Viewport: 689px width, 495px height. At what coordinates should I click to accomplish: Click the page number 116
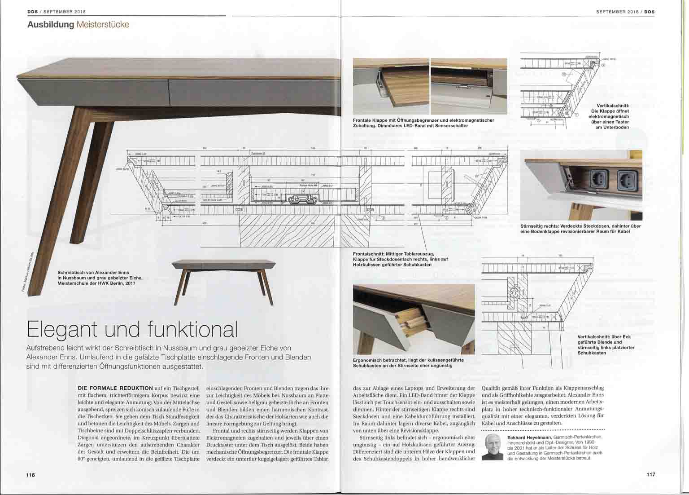pos(30,475)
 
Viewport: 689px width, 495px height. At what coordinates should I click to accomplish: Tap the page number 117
pos(650,474)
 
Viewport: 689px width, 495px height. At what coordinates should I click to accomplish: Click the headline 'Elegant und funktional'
pos(132,329)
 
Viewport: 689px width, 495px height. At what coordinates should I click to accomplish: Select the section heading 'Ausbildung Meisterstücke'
pos(78,24)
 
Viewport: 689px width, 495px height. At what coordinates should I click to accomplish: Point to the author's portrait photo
pos(493,446)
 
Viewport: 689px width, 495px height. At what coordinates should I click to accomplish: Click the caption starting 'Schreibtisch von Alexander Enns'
pos(100,278)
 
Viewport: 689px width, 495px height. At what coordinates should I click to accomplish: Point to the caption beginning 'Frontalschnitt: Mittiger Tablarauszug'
pos(400,259)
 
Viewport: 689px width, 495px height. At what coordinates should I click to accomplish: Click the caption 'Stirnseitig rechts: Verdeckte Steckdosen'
pos(580,229)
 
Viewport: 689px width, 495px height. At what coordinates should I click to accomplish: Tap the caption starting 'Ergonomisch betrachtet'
pos(408,362)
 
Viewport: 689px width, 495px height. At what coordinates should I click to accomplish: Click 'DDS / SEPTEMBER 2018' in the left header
pos(57,11)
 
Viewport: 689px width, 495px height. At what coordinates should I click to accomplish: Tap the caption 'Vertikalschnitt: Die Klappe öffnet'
pos(610,116)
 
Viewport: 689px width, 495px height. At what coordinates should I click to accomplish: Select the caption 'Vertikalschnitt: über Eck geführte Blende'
pos(606,345)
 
